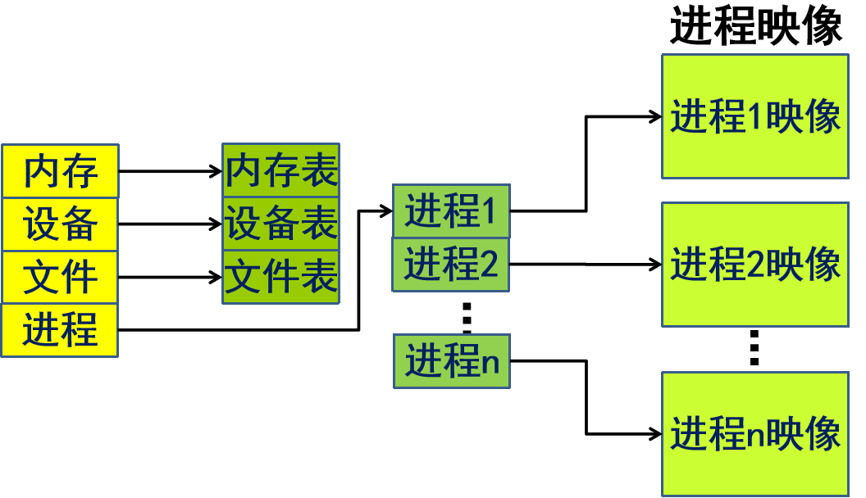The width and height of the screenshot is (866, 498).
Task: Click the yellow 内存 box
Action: (60, 171)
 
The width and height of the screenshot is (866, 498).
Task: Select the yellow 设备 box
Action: (60, 224)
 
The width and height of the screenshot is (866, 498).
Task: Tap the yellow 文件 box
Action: (60, 277)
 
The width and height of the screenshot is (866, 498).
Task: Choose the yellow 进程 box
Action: (60, 330)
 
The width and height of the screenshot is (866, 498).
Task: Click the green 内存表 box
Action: (280, 170)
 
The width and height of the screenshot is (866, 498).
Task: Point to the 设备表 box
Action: (280, 223)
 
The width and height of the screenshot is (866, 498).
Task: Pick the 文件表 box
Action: (280, 277)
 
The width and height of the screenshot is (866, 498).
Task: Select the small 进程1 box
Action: (451, 211)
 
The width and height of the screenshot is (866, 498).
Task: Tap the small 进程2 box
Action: (451, 265)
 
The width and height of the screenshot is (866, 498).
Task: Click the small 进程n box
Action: (452, 360)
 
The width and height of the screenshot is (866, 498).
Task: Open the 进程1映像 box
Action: (754, 116)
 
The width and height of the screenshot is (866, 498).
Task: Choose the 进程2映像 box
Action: (754, 265)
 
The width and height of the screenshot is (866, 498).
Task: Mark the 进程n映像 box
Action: (754, 433)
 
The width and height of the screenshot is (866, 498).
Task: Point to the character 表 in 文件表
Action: (318, 277)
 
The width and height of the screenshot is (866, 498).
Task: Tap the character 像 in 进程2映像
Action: (823, 265)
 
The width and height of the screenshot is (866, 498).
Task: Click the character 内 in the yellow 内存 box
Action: (41, 171)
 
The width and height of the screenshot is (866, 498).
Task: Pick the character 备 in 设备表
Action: (280, 223)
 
